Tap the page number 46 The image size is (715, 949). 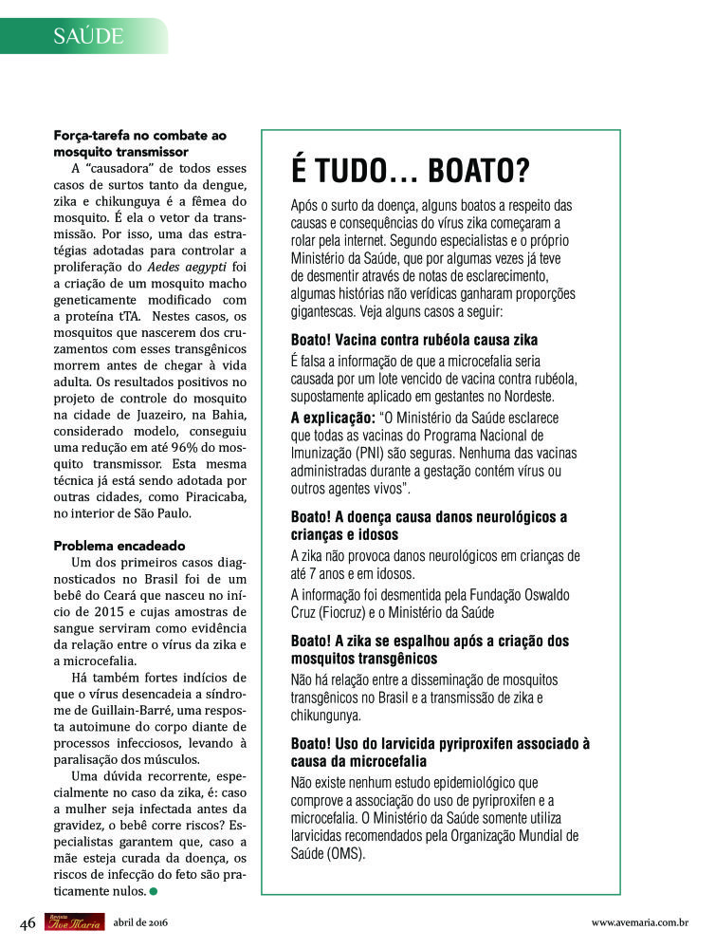pos(27,922)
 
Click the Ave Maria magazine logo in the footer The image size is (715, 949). pos(74,921)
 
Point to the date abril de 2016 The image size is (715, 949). pos(140,922)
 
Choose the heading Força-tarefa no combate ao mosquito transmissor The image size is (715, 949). pos(139,143)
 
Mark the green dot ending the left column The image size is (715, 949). pos(154,891)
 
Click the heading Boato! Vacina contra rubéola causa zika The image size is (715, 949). pos(414,340)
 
